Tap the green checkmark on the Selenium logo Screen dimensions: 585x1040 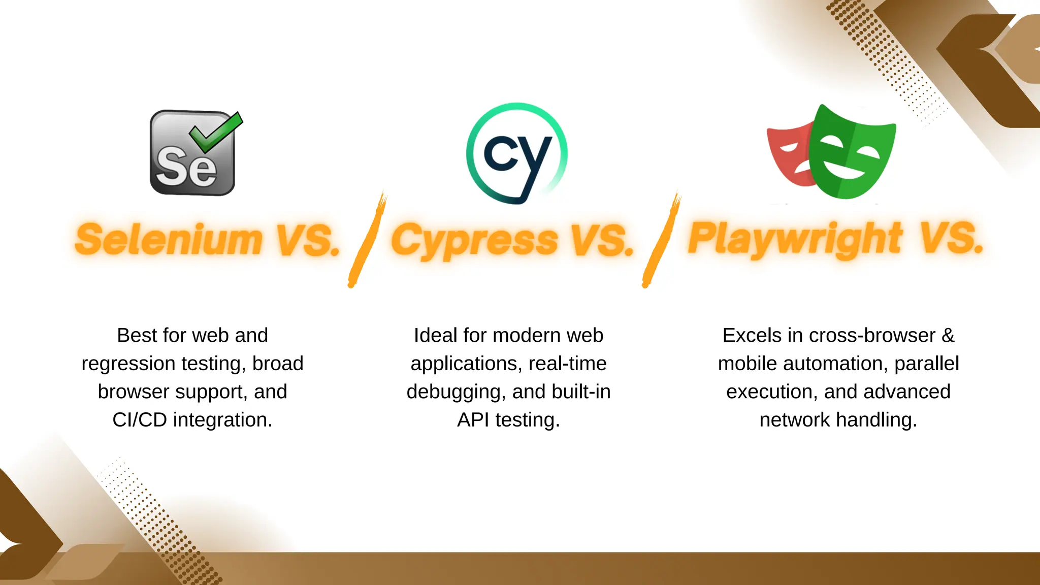[x=216, y=132]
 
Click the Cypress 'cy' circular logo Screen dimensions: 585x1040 [x=516, y=154]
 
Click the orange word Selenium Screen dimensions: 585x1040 [x=169, y=240]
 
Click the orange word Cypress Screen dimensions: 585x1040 [x=474, y=240]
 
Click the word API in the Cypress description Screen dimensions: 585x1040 [x=473, y=420]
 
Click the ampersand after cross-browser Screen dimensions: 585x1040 [x=948, y=336]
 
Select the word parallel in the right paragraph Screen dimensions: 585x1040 [x=926, y=364]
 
